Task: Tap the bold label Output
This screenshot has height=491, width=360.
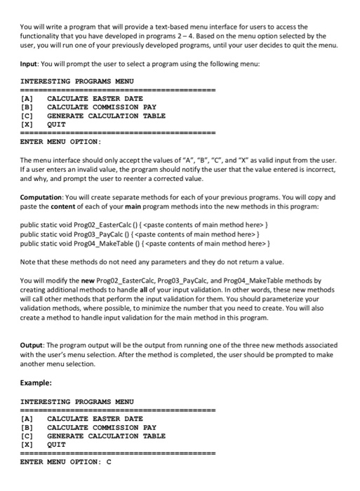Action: [34, 345]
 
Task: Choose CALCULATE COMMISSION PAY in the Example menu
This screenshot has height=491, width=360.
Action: [101, 427]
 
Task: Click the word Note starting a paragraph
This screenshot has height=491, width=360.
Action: [29, 262]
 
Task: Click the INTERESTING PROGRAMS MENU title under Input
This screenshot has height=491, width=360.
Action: [77, 81]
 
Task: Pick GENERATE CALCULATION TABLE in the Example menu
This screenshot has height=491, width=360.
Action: [106, 436]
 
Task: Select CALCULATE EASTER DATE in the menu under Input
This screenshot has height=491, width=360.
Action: [95, 99]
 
